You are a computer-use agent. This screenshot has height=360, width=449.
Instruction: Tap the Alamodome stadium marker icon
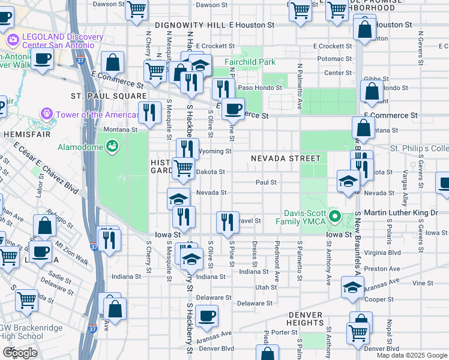click(112, 145)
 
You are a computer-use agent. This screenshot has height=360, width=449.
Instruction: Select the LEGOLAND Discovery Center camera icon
click(13, 40)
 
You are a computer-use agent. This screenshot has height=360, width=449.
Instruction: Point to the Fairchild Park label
click(250, 61)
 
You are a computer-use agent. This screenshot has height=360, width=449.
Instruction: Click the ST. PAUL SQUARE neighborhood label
click(109, 96)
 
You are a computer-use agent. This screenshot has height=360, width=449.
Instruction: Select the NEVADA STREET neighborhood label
click(285, 158)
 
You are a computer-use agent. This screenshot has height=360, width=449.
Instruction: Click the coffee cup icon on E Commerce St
click(233, 109)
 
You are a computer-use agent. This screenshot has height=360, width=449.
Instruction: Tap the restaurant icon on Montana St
click(149, 112)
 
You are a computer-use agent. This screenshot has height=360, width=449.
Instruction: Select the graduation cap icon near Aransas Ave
click(352, 287)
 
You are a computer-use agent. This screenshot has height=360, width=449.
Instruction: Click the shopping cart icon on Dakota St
click(182, 167)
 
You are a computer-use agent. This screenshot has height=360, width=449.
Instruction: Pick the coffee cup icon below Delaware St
click(206, 315)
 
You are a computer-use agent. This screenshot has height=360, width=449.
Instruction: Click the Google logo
click(19, 352)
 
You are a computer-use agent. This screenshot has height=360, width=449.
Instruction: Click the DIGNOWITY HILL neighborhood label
click(190, 25)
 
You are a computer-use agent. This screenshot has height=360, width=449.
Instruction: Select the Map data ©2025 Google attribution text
click(411, 355)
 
